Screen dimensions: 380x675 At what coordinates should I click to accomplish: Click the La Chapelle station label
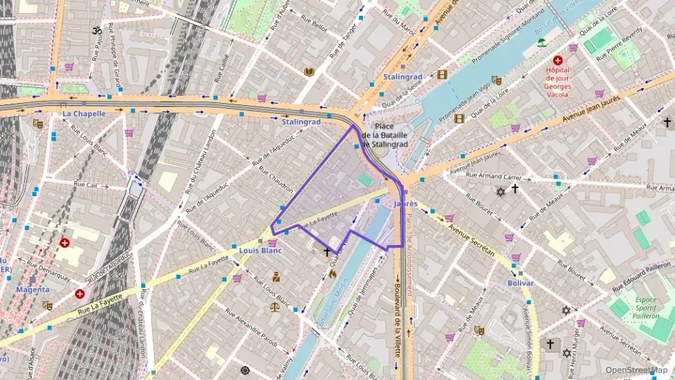[84, 113]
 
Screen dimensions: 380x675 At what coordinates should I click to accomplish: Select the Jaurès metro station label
[406, 204]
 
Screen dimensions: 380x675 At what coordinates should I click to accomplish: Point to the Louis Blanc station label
[260, 251]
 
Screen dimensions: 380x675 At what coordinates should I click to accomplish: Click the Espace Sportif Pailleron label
[637, 308]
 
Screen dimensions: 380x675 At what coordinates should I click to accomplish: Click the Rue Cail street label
[87, 185]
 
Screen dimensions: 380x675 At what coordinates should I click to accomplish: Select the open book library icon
[309, 71]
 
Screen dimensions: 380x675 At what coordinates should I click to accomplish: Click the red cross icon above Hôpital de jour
[557, 61]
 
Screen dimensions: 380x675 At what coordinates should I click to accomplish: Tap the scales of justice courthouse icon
[274, 306]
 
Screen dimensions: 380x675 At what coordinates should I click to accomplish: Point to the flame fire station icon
[332, 273]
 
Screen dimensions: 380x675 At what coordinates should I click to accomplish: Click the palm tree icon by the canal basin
[540, 43]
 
